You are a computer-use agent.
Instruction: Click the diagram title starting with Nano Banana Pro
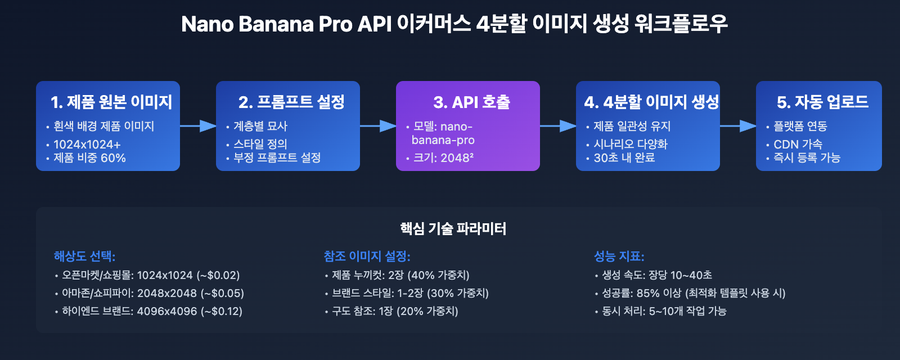coord(454,24)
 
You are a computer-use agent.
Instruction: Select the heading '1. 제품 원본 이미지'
coord(111,102)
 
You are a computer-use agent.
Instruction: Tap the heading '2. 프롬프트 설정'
coord(291,102)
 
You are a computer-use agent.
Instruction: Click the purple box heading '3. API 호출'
coord(471,102)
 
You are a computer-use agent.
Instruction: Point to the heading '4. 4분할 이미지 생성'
coord(651,102)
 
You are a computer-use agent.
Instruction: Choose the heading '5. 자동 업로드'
coord(822,102)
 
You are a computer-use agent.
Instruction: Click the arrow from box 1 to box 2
coord(198,126)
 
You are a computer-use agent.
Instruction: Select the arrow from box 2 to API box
coord(378,126)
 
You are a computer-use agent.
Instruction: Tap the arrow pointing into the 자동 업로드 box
coord(738,126)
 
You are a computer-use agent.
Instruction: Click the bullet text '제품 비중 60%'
coord(89,158)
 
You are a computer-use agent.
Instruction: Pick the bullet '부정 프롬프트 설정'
coord(277,158)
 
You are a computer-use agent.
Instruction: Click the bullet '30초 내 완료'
coord(624,158)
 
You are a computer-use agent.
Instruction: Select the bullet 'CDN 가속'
coord(798,144)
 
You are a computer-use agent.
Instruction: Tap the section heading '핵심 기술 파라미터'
coord(453,228)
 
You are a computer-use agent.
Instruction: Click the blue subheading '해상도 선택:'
coord(84,256)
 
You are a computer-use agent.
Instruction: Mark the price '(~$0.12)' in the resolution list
coord(222,311)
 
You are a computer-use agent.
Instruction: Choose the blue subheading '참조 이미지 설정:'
coord(367,256)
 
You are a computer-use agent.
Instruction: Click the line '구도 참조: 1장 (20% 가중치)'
coord(395,311)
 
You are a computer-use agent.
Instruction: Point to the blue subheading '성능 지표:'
coord(619,256)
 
